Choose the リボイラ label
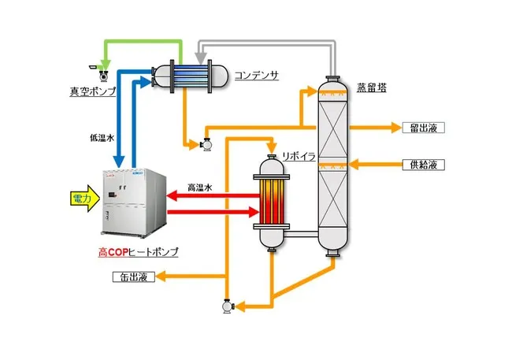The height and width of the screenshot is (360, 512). pyautogui.click(x=299, y=158)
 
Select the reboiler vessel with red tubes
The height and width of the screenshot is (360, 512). pyautogui.click(x=273, y=202)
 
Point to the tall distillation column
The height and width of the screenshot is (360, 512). pyautogui.click(x=332, y=165)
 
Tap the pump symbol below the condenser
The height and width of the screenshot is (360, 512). pyautogui.click(x=207, y=144)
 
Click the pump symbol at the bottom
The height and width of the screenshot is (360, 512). pyautogui.click(x=228, y=303)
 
